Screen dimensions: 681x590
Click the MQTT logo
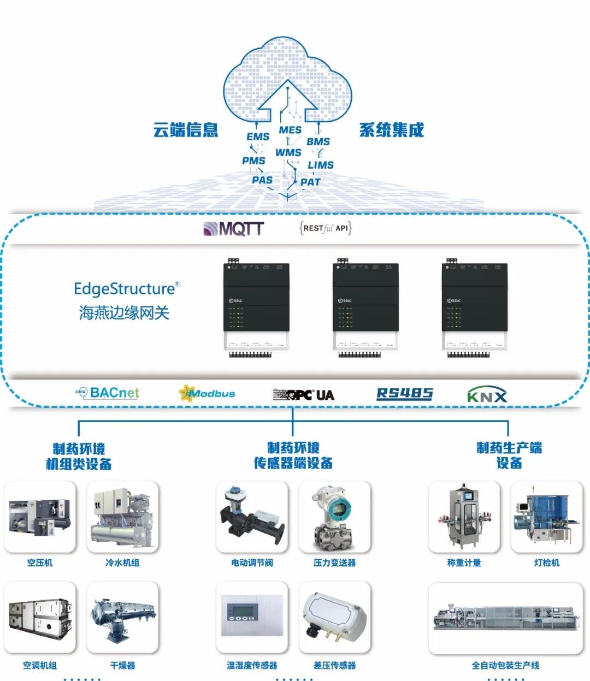coord(233,228)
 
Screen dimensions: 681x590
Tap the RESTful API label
coord(326,228)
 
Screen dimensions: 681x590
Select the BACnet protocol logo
coord(108,393)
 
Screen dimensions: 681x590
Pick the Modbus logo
coord(207,393)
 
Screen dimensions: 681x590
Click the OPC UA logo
coord(304,394)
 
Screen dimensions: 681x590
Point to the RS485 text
coord(404,394)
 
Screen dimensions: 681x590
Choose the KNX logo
coord(487,395)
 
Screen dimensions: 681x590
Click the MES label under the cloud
coord(290,130)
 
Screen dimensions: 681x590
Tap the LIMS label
coord(321,164)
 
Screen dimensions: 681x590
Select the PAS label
coord(262,180)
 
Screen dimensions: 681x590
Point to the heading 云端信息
coord(186,130)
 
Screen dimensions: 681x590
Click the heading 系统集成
coord(391,130)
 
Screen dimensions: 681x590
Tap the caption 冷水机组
coord(122,562)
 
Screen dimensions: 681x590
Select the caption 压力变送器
coord(334,562)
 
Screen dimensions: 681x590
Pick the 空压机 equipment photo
coord(40,517)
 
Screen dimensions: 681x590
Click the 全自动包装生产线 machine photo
coord(505,618)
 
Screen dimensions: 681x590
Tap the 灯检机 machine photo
coord(546,517)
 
